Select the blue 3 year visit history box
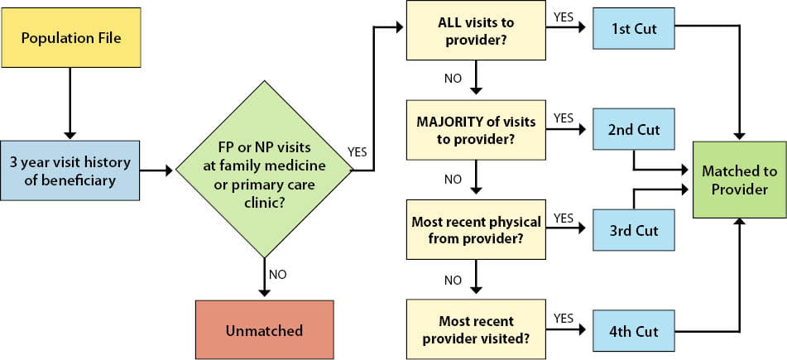click(70, 170)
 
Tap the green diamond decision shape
click(265, 170)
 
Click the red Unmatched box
click(265, 330)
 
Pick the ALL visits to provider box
click(476, 30)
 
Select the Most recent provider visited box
click(476, 330)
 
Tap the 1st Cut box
click(635, 31)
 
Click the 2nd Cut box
click(635, 131)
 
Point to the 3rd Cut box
click(635, 231)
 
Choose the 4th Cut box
click(635, 331)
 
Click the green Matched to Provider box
click(739, 180)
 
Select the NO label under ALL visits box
click(453, 79)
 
